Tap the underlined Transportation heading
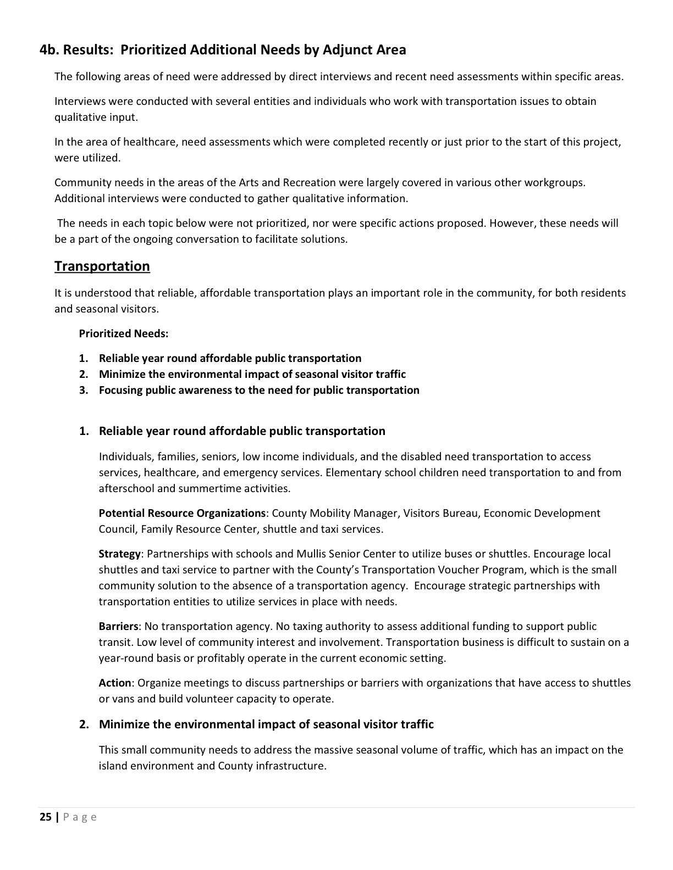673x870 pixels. [x=102, y=266]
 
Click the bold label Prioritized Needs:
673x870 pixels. [x=124, y=333]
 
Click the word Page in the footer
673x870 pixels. [x=80, y=817]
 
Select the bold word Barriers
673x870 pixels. [x=118, y=626]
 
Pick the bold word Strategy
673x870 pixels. [x=119, y=554]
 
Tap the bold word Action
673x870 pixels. [x=114, y=683]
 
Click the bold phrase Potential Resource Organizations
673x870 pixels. [x=182, y=513]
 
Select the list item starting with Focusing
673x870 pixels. [x=258, y=390]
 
